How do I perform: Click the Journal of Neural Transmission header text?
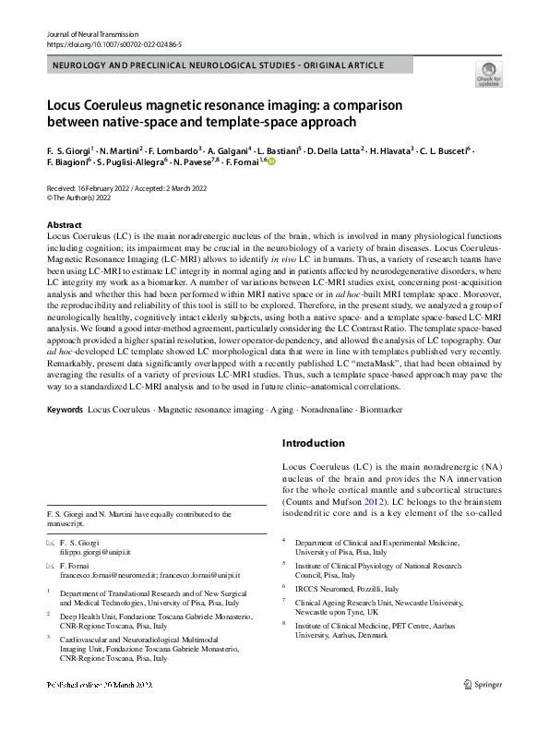(x=91, y=33)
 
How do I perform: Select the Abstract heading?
(x=65, y=225)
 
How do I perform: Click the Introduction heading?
(x=319, y=443)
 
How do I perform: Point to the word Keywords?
(x=65, y=408)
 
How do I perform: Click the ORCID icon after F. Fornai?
(x=272, y=162)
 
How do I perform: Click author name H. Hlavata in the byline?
(x=391, y=150)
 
